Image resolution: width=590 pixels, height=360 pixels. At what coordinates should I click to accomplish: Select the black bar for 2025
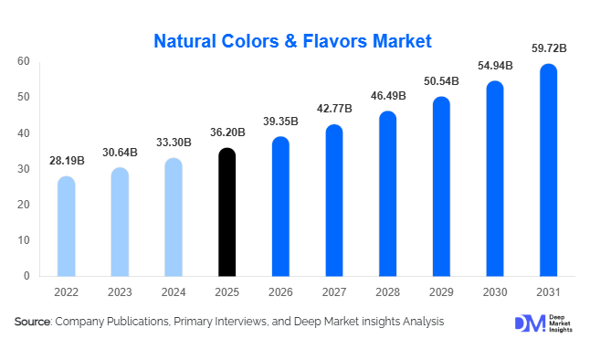coord(227,212)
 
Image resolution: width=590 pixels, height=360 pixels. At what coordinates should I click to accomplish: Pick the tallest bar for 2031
coord(548,170)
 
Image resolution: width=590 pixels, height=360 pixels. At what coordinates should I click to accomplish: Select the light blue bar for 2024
coord(173,217)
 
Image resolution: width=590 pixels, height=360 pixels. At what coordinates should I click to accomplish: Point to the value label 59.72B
coord(548,48)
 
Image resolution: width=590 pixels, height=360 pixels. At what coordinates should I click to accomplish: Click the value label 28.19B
coord(66,161)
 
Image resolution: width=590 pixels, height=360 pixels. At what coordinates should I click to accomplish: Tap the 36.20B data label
coord(227,132)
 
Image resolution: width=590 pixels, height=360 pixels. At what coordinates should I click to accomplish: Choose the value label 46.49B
coord(387,96)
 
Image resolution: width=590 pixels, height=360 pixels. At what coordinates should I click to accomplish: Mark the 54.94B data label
coord(494,66)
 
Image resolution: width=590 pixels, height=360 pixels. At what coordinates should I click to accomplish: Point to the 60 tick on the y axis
coord(23,61)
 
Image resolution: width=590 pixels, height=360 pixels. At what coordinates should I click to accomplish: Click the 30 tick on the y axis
coord(23,168)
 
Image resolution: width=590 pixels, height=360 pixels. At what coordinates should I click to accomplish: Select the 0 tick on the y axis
coord(26,275)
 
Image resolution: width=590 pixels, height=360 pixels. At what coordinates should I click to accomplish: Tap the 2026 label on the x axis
coord(280,293)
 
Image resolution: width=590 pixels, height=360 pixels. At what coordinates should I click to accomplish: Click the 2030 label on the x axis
coord(494,293)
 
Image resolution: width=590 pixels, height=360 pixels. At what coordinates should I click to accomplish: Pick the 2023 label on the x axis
coord(120,293)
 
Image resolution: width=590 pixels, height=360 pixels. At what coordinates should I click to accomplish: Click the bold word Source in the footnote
coord(33,322)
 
